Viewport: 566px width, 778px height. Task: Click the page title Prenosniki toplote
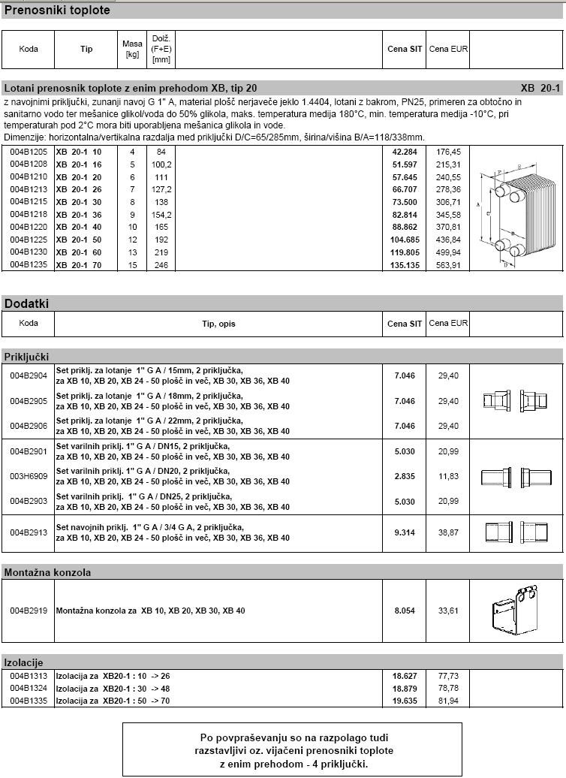tap(58, 11)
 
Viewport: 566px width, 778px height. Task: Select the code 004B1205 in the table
tap(29, 152)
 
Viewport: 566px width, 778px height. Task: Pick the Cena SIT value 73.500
tap(404, 203)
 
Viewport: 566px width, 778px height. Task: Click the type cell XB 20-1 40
tap(79, 226)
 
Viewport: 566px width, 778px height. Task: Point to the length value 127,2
tap(161, 190)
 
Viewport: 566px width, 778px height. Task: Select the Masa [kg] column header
tap(132, 49)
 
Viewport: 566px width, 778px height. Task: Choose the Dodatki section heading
tap(26, 303)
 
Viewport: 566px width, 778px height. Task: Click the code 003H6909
tap(29, 476)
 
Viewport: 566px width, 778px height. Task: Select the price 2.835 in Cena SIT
tap(404, 476)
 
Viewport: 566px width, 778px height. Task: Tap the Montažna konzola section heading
tap(48, 572)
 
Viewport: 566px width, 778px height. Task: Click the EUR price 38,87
tap(448, 532)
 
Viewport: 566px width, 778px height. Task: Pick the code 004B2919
tap(29, 611)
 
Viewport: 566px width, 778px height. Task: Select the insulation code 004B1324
tap(29, 688)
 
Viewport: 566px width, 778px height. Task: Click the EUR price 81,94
tap(448, 700)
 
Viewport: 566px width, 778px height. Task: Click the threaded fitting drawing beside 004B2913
tap(515, 532)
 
